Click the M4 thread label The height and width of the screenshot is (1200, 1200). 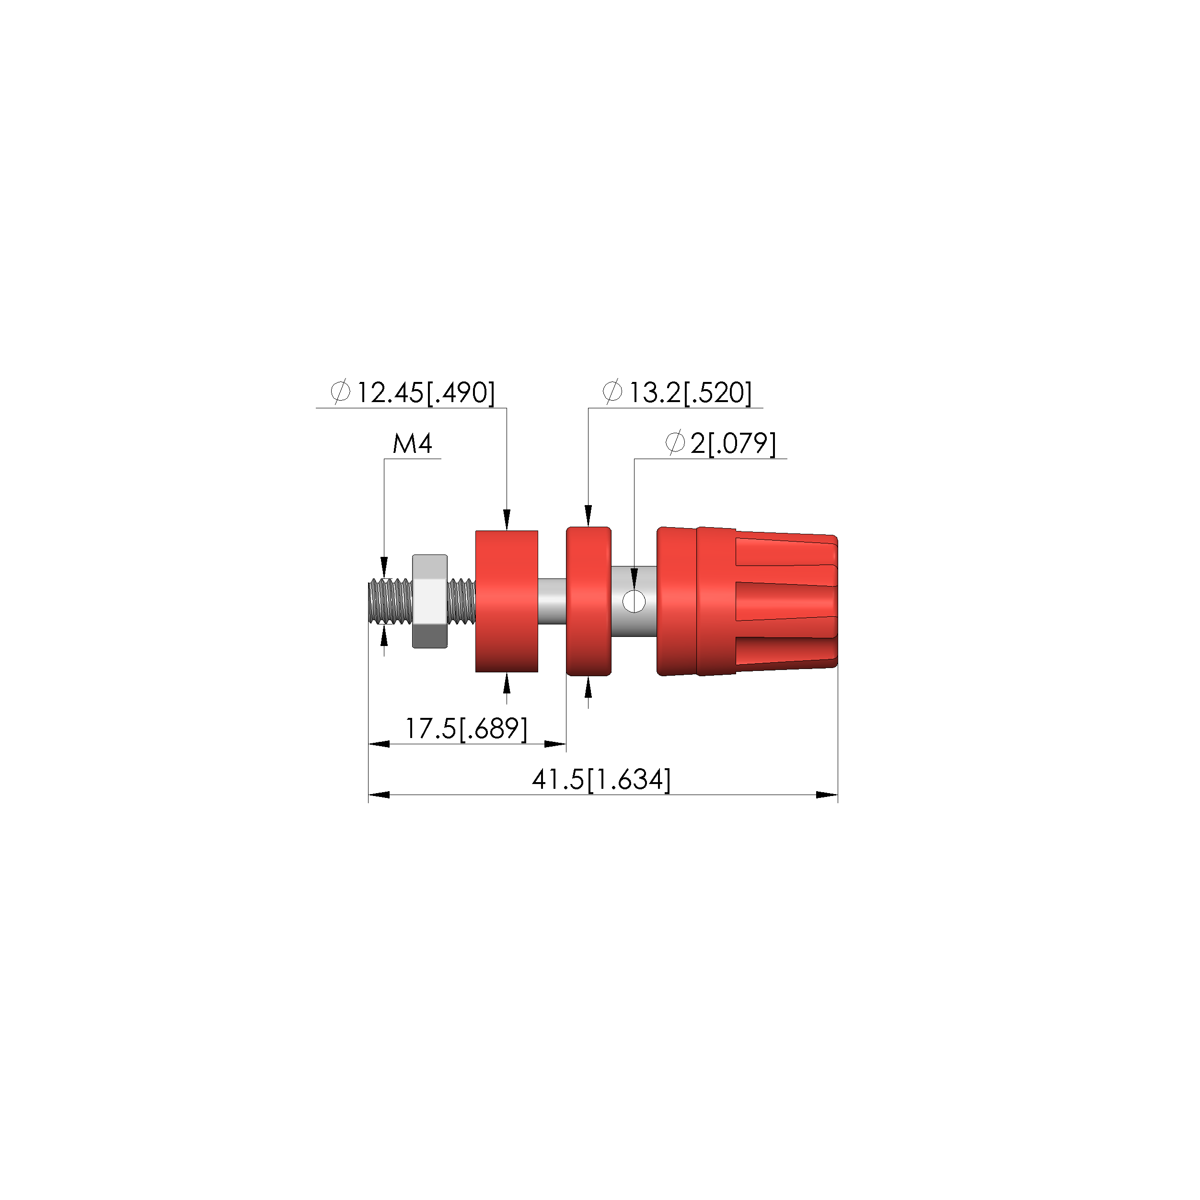click(x=413, y=443)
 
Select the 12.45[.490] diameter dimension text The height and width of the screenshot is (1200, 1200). click(x=426, y=392)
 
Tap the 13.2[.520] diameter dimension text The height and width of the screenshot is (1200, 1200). click(x=690, y=392)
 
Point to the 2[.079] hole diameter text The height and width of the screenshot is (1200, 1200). click(x=733, y=443)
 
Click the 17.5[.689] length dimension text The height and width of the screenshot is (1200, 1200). click(x=466, y=728)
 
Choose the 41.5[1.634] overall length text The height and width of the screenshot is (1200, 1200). click(x=601, y=780)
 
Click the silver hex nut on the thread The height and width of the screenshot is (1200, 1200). click(x=430, y=601)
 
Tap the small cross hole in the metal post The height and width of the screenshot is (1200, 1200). click(x=634, y=601)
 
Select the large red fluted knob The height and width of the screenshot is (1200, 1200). click(x=747, y=601)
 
